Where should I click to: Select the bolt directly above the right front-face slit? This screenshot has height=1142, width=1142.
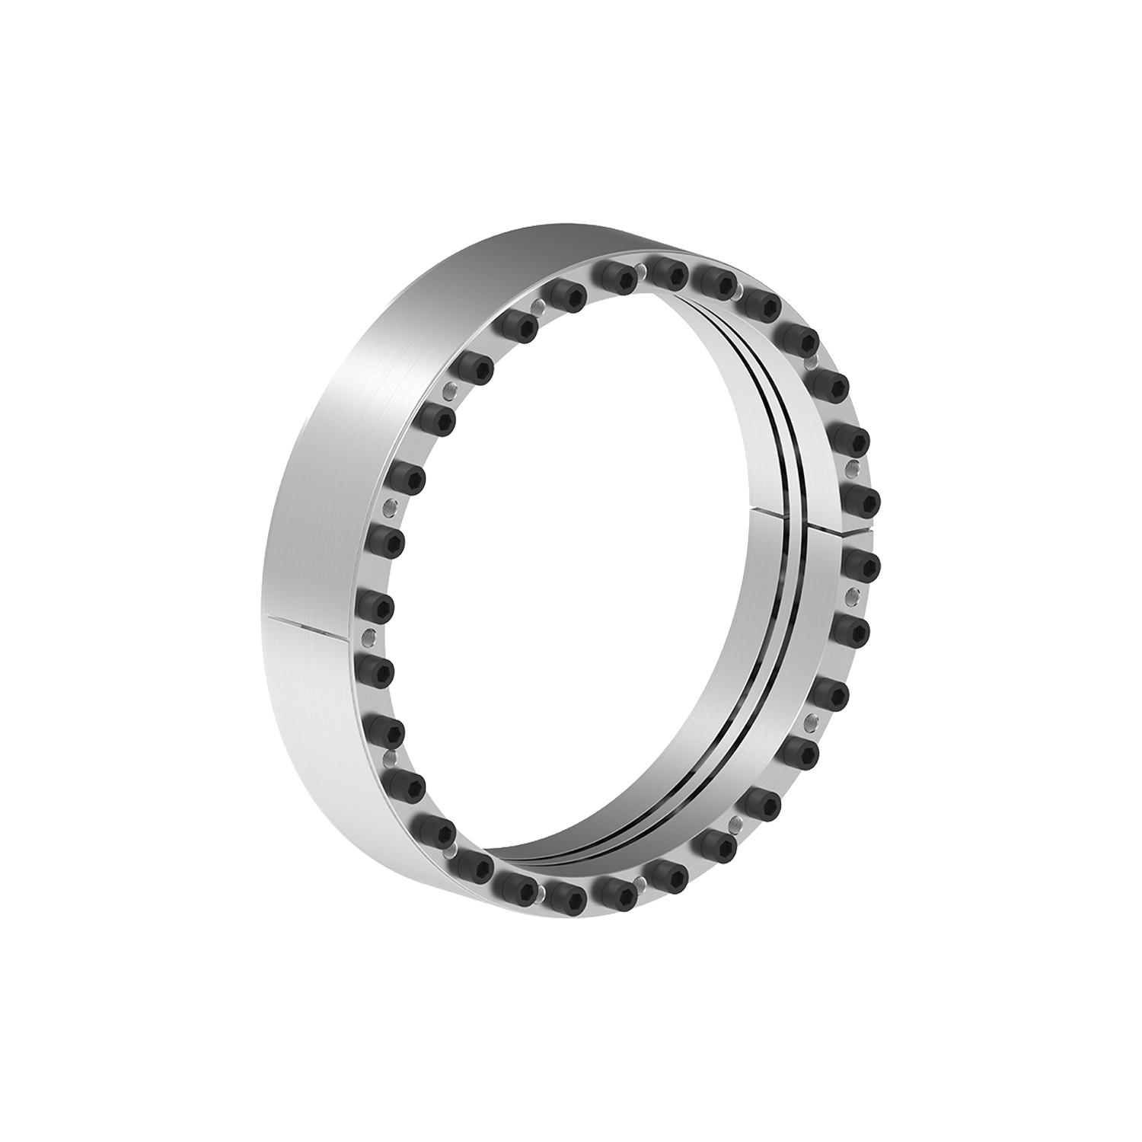point(861,499)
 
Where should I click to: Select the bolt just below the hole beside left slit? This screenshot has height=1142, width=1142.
point(375,668)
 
